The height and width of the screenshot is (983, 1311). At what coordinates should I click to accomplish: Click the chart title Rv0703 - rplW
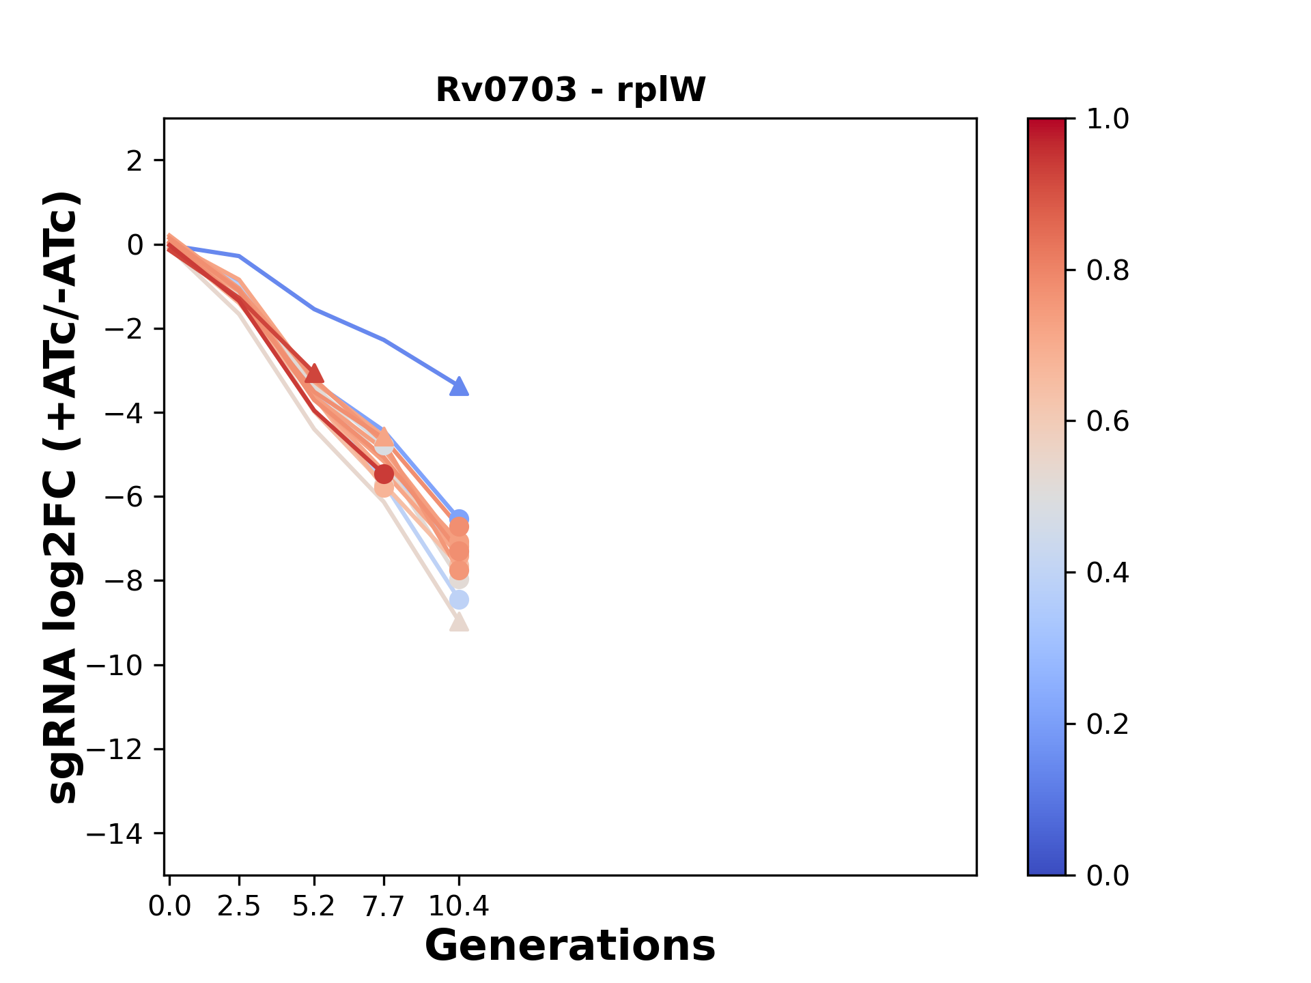(570, 90)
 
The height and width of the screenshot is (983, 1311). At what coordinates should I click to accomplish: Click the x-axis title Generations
(570, 946)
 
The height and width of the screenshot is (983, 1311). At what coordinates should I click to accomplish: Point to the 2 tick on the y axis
(135, 161)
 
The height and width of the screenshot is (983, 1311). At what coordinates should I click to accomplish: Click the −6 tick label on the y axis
(123, 497)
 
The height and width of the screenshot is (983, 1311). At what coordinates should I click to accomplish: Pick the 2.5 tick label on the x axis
(239, 907)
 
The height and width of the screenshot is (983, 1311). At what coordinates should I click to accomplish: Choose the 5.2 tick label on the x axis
(314, 907)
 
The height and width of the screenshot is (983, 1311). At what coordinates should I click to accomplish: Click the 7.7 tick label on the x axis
(384, 907)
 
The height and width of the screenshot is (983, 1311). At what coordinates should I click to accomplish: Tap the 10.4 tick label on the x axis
(459, 907)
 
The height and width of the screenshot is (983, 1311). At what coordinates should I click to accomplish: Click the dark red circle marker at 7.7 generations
(384, 474)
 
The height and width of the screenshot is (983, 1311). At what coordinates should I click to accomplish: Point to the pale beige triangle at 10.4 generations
(460, 623)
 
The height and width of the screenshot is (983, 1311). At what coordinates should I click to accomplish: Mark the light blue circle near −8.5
(459, 600)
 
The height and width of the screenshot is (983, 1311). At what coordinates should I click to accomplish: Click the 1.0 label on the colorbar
(1108, 119)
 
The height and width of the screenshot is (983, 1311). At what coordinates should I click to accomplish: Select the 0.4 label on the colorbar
(1108, 573)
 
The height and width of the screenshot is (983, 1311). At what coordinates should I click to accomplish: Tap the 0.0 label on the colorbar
(1108, 875)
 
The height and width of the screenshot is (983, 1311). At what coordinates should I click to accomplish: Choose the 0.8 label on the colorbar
(1108, 271)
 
